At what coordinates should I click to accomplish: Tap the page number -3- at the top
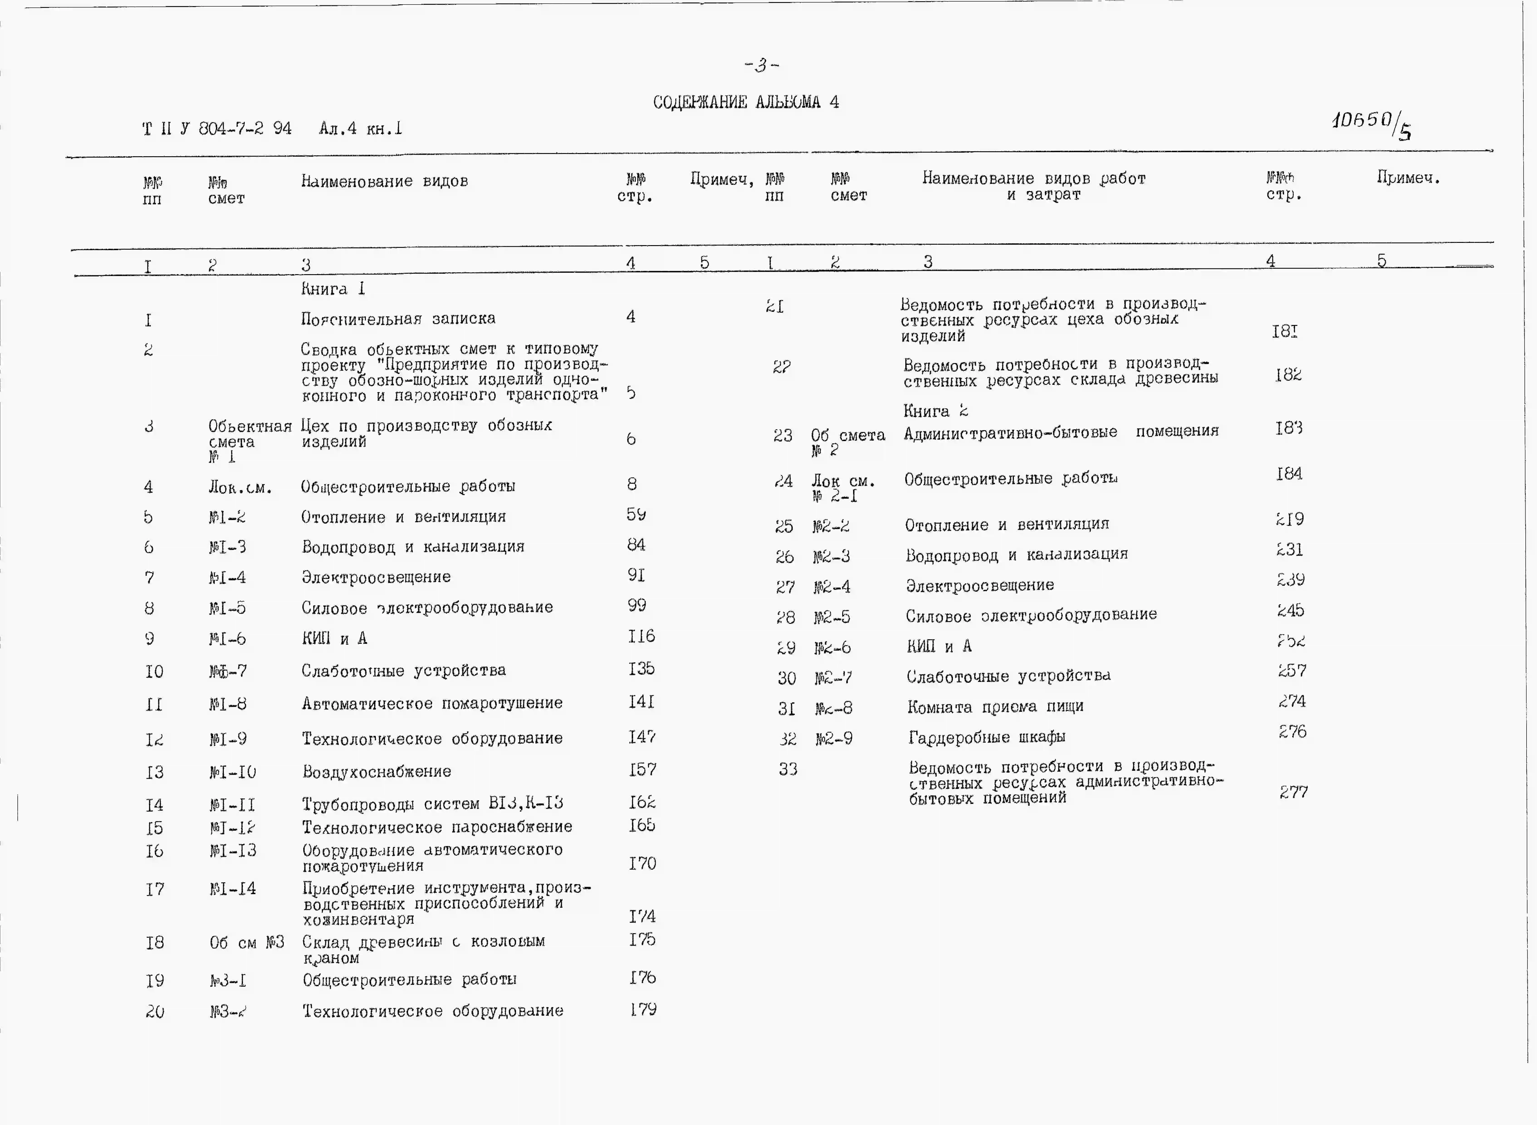(x=761, y=65)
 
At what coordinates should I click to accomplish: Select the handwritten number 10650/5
(x=1370, y=124)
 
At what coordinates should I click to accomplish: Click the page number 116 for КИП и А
(x=641, y=636)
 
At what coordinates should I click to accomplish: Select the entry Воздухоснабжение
(x=377, y=771)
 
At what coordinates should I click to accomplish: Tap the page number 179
(x=643, y=1009)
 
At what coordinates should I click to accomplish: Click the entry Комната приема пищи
(x=995, y=707)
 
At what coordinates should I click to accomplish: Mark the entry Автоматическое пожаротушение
(x=432, y=703)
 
